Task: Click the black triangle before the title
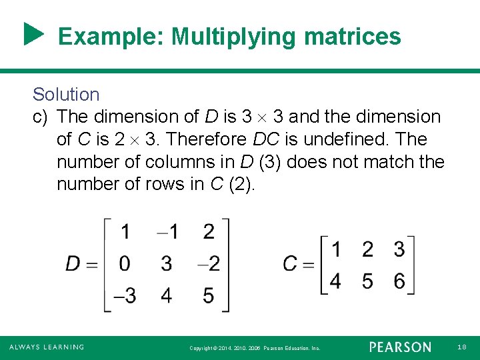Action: click(33, 35)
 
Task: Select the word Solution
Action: click(66, 95)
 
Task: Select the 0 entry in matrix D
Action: click(125, 263)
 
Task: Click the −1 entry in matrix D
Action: click(167, 232)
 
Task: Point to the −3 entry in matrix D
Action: click(122, 295)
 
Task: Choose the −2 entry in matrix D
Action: click(208, 263)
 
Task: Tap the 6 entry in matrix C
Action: click(399, 281)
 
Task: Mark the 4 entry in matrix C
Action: click(335, 281)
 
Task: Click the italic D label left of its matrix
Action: click(73, 263)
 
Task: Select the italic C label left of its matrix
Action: click(290, 264)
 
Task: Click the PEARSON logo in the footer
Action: click(400, 347)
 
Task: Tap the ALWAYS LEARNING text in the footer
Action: click(46, 347)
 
